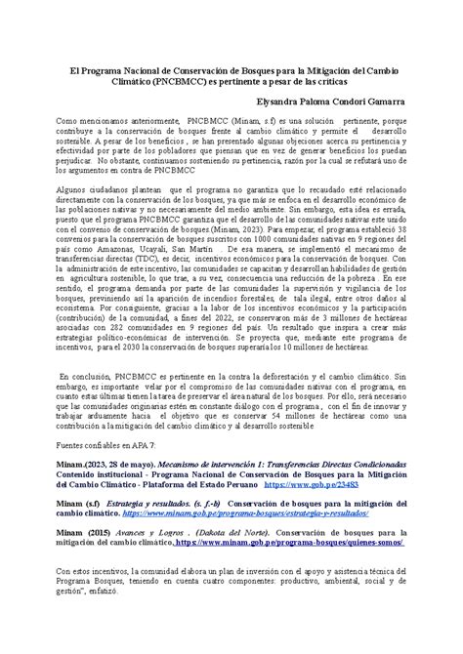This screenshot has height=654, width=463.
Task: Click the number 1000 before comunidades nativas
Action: click(x=256, y=237)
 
